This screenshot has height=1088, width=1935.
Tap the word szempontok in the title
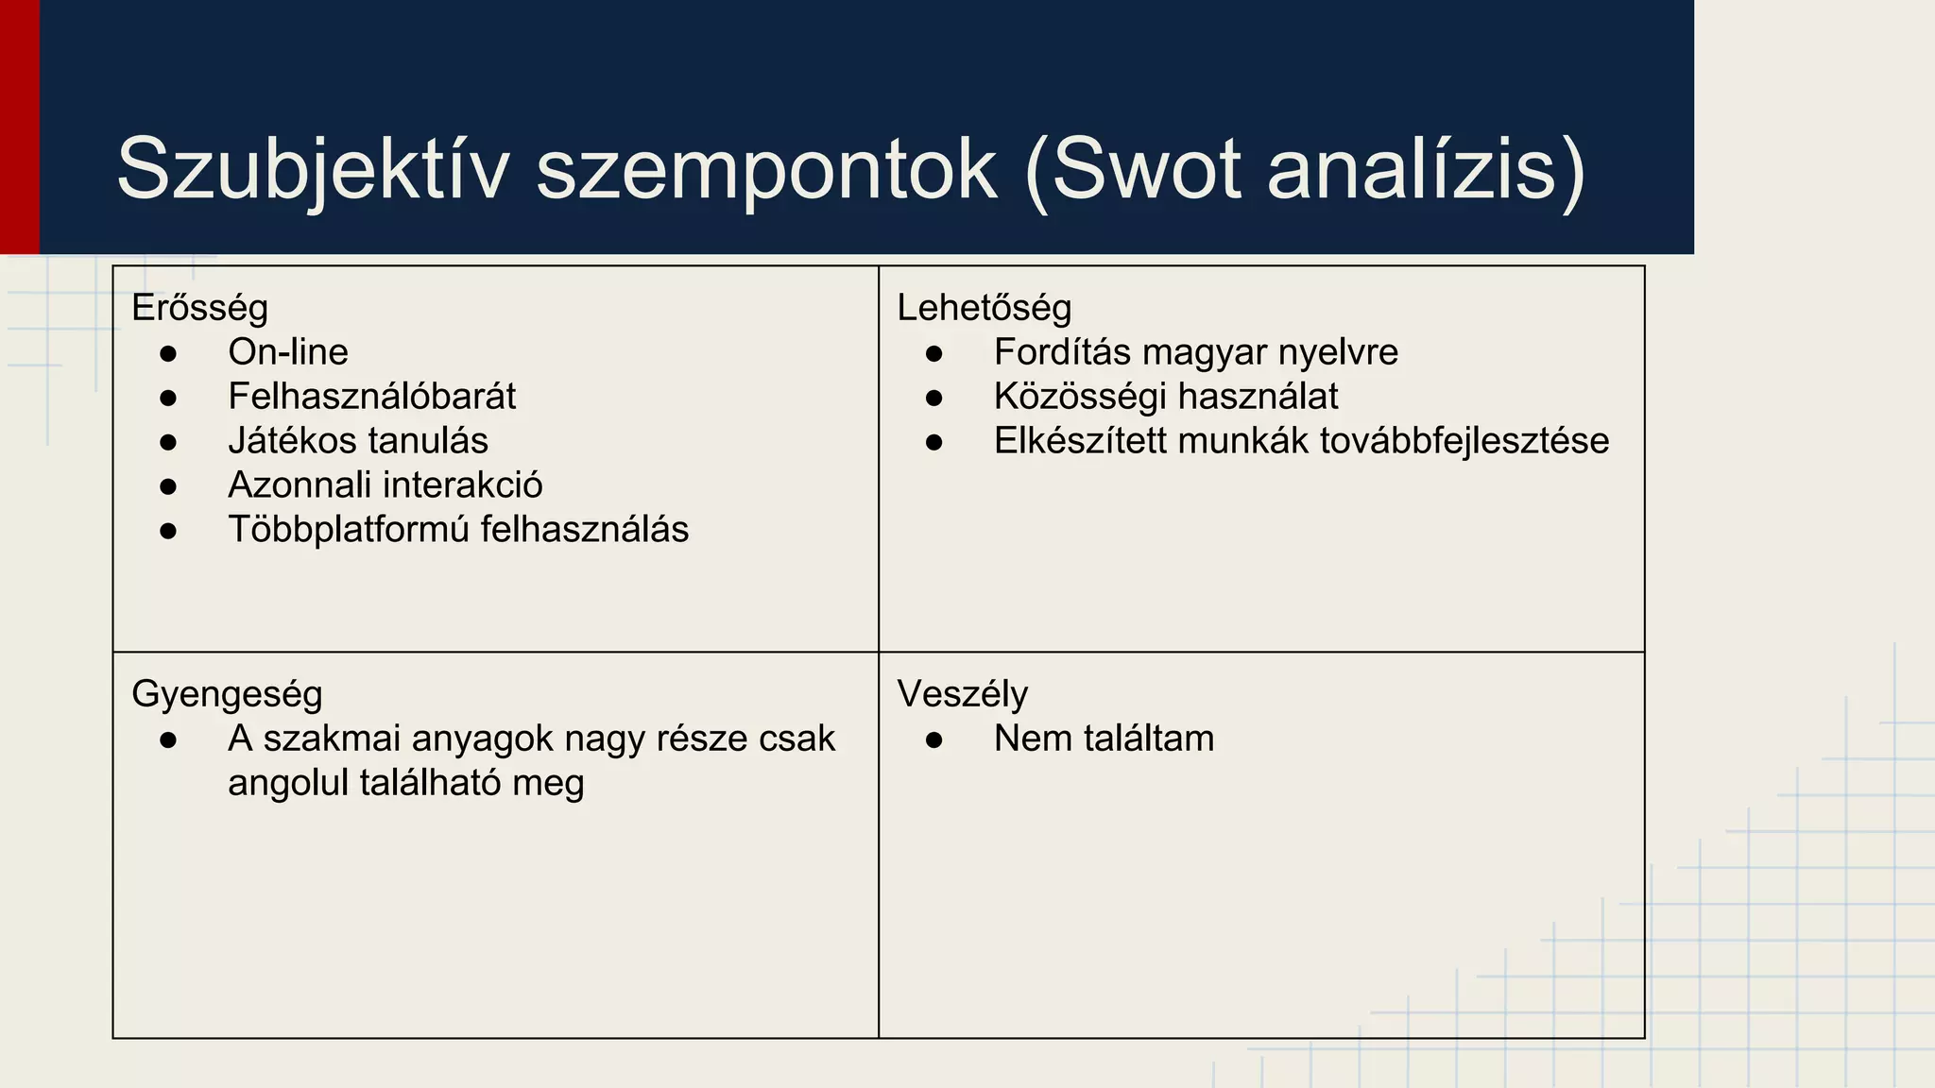pos(766,170)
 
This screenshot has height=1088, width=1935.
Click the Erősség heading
pos(199,308)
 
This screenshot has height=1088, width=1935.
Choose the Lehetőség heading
pos(984,308)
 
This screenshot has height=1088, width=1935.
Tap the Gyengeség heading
pos(227,694)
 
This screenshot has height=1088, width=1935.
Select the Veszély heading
pos(962,694)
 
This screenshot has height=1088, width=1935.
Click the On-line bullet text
pos(288,352)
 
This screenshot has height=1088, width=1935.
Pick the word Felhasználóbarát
pos(372,397)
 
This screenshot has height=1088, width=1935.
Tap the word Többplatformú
pos(349,530)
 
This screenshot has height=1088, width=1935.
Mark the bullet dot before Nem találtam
pos(934,740)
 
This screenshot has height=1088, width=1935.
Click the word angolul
pos(288,783)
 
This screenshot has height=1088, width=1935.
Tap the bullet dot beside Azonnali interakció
pos(168,486)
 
